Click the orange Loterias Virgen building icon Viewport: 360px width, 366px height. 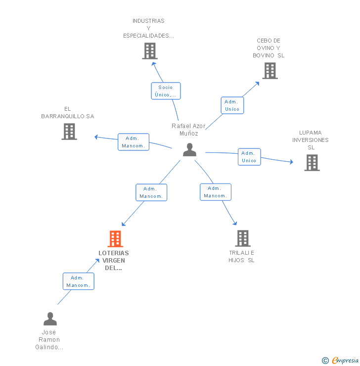point(115,239)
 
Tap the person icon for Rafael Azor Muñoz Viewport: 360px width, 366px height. point(189,150)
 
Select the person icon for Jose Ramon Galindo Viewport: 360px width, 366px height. point(50,319)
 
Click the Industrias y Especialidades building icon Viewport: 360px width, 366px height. point(149,51)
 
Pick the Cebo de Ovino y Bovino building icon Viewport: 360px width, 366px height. point(270,71)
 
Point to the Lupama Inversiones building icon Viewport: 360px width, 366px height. point(312,163)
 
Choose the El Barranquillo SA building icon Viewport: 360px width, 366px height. point(69,132)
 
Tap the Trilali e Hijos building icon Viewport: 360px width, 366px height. point(242,238)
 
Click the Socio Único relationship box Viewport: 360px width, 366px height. point(166,91)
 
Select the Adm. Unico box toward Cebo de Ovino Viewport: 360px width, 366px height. point(232,105)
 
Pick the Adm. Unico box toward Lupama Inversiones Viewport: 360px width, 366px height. point(249,157)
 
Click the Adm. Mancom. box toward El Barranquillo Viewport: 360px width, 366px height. point(134,142)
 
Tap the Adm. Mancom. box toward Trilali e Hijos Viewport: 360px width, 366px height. point(216,192)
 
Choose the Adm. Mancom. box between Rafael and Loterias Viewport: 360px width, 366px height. point(151,192)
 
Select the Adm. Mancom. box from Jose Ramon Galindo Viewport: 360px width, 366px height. point(78,281)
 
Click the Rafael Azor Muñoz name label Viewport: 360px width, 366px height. point(189,130)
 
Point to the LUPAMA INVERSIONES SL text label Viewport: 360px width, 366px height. point(311,140)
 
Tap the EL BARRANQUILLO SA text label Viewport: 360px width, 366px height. point(68,113)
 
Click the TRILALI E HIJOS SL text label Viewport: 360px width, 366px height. point(241,256)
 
